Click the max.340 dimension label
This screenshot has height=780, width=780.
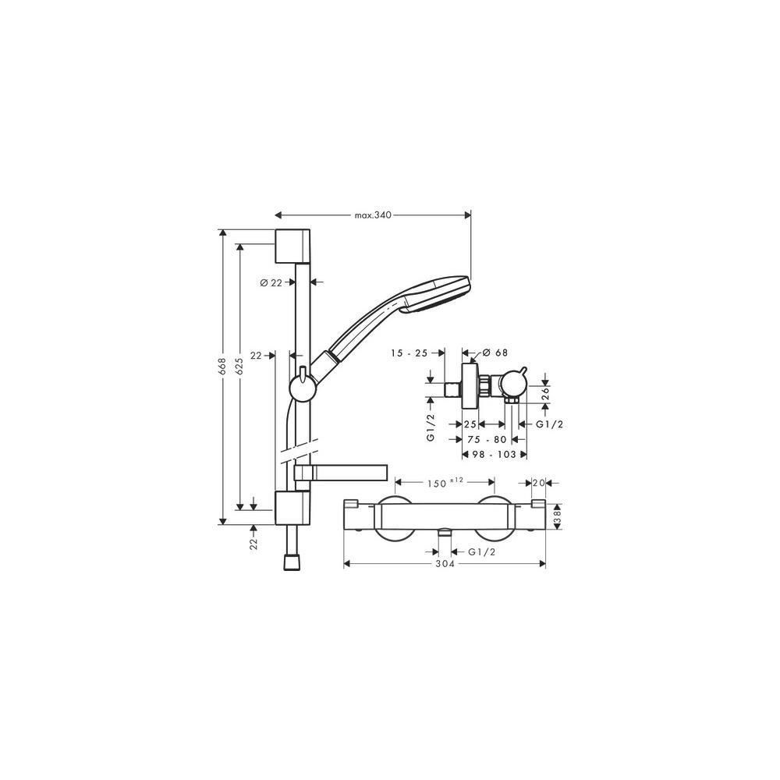click(373, 215)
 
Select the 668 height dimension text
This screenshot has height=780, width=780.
click(222, 366)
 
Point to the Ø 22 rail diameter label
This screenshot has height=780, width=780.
click(271, 282)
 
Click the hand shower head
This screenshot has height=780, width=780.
click(438, 295)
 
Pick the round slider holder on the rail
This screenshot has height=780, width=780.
click(301, 387)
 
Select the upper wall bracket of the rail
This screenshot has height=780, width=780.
click(292, 246)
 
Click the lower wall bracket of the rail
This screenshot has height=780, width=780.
click(292, 508)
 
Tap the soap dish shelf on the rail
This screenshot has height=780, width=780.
click(340, 473)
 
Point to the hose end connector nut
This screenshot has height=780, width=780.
click(292, 562)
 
